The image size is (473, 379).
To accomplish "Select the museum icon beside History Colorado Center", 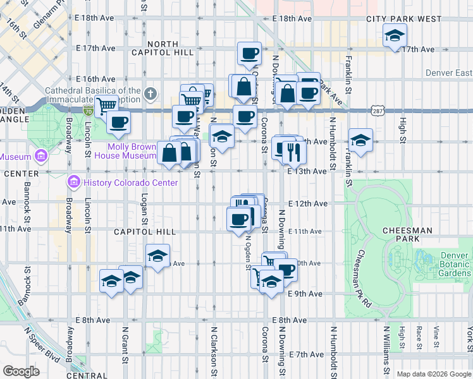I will point(74,183).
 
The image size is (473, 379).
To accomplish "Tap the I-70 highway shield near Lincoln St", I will point(88,111).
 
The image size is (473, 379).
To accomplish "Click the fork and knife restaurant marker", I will point(293,150).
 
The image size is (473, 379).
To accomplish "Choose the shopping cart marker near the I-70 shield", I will point(107,105).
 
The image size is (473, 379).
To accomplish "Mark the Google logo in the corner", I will point(21,371).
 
